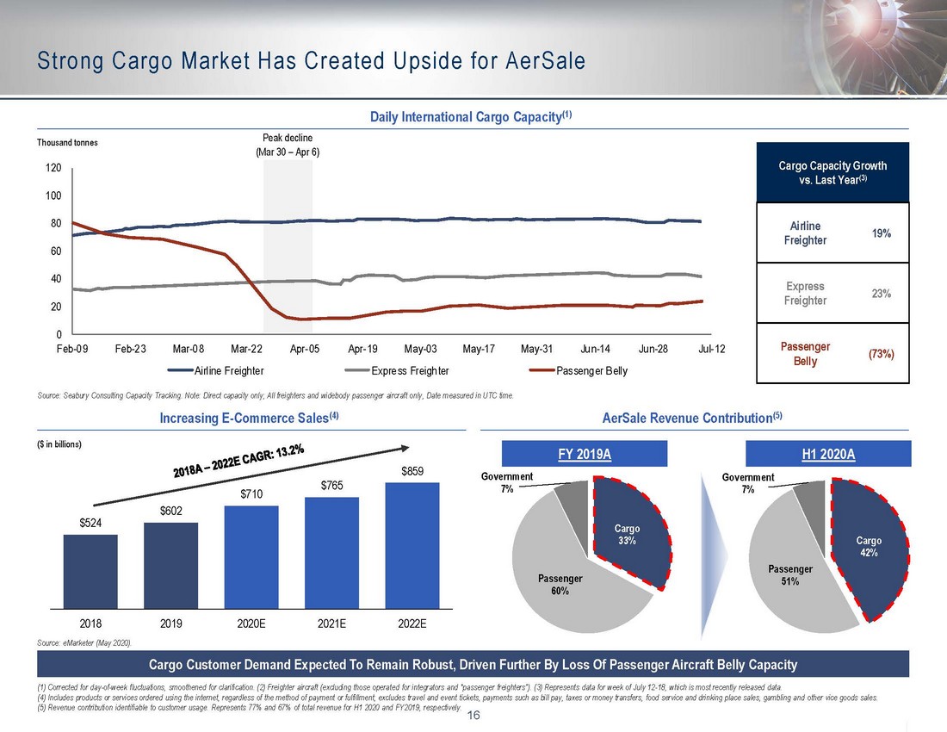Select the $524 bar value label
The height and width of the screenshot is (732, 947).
tap(90, 523)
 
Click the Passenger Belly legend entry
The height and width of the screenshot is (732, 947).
tap(580, 371)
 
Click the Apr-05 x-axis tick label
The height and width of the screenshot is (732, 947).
tap(305, 349)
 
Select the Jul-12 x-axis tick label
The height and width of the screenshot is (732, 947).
tap(711, 349)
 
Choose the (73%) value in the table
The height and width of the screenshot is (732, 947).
tap(879, 353)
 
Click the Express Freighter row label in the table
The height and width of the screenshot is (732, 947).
tap(805, 293)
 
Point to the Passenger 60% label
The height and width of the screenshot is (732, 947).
tap(560, 584)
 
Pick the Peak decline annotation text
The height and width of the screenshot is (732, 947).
tap(288, 145)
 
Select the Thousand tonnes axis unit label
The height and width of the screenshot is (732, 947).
tap(65, 143)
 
